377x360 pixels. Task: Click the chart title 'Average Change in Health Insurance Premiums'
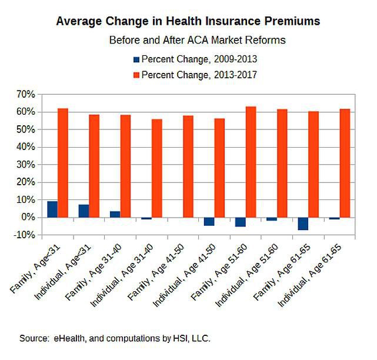pos(188,21)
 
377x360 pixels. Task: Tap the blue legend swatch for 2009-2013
pos(136,59)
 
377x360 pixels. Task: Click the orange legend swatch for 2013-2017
pos(136,75)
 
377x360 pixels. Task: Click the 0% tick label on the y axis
pos(29,218)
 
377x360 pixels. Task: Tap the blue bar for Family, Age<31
pos(52,209)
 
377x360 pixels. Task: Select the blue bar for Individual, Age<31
pos(84,211)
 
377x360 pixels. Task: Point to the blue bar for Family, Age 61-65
pos(303,224)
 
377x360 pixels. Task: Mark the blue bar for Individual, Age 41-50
pos(209,222)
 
